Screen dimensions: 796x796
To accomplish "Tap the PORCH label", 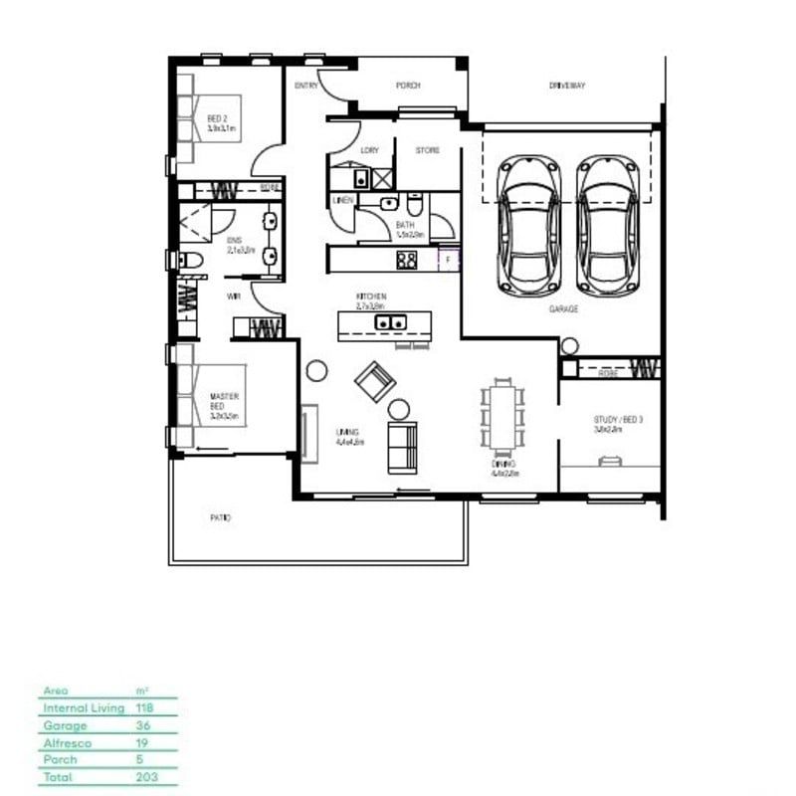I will coord(408,86).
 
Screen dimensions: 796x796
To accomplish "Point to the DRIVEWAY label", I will coord(567,86).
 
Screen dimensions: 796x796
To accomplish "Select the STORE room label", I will coord(428,150).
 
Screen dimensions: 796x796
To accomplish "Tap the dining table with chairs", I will coord(501,414).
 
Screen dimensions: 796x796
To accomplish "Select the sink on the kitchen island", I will coord(388,322).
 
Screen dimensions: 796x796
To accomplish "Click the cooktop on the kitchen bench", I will coord(407,260).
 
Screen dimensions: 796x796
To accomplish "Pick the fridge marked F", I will coord(449,260).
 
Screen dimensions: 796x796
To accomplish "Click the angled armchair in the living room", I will coord(376,379).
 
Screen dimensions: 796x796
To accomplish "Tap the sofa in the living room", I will coord(402,448).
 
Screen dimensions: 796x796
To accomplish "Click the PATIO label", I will coord(220,518).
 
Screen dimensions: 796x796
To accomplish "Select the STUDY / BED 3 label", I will coord(619,420).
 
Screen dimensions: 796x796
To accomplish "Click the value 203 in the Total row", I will coord(145,776).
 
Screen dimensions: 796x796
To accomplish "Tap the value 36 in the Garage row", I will coord(142,724).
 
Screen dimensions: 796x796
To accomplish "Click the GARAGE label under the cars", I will coord(563,309).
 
